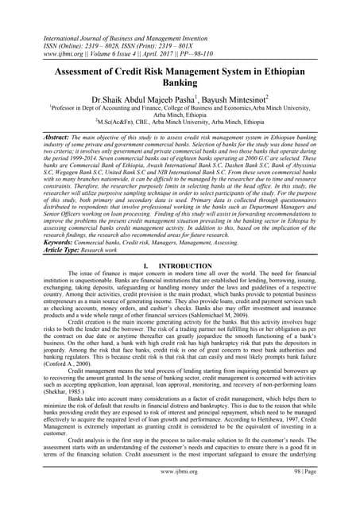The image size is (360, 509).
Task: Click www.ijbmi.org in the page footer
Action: (x=180, y=494)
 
